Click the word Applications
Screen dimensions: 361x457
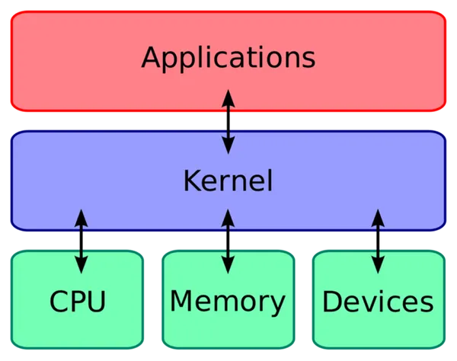pos(228,58)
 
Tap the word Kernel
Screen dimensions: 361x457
pos(228,180)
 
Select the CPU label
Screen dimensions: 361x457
pos(78,302)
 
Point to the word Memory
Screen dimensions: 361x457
pos(228,302)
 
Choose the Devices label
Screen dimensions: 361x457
pos(378,302)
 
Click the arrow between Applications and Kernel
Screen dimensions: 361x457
pos(228,120)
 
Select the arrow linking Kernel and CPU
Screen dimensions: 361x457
pos(81,240)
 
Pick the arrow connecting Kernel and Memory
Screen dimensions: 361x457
pos(228,240)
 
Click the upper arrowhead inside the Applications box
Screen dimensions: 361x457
pos(228,96)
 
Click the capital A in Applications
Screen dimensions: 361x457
pos(152,58)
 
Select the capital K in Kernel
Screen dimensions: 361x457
pos(191,180)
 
